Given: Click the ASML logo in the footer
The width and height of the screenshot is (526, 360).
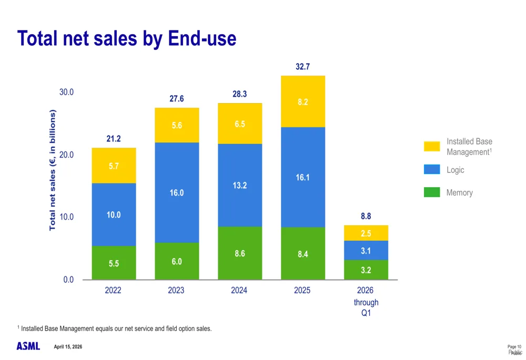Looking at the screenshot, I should click(28, 346).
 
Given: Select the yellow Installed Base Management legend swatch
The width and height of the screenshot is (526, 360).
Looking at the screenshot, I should click(432, 146).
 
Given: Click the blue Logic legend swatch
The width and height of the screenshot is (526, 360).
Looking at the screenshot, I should click(432, 169).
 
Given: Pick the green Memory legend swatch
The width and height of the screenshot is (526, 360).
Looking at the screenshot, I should click(432, 192).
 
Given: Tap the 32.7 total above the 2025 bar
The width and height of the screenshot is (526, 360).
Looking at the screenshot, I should click(302, 67).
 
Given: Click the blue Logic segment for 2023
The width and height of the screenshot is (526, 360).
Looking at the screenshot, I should click(177, 192).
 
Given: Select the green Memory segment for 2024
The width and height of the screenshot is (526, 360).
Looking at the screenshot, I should click(240, 253).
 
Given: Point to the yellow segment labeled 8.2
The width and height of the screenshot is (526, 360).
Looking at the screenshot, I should click(302, 102).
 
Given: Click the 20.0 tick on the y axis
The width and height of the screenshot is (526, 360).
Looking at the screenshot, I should click(66, 155).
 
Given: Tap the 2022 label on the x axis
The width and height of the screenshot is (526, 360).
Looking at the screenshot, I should click(113, 290).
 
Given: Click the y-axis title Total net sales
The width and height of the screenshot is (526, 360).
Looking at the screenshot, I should click(53, 170).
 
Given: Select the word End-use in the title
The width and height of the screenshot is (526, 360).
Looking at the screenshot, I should click(202, 39).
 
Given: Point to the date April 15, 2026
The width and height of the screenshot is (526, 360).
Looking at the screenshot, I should click(68, 347).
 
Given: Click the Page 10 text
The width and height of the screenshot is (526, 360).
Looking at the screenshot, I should click(514, 347).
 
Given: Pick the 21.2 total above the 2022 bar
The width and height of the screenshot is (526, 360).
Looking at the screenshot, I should click(114, 139).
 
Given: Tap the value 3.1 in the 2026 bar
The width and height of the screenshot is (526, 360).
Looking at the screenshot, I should click(366, 251).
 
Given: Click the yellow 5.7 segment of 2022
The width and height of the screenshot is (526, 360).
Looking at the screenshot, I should click(114, 166).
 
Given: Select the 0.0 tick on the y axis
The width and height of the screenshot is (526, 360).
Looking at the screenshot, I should click(69, 280).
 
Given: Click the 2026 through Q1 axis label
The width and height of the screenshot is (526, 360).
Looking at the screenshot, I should click(366, 302).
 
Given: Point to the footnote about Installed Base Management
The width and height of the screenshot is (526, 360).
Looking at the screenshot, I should click(116, 328).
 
